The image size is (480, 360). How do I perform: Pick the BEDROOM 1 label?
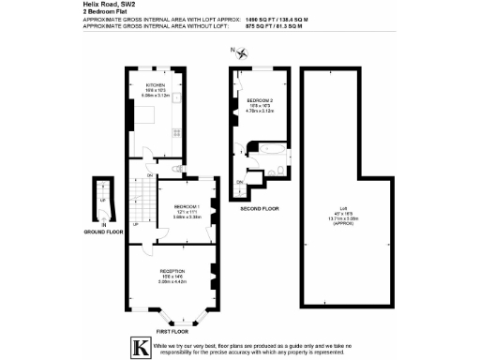(187, 207)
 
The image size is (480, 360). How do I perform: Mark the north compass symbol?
(242, 53)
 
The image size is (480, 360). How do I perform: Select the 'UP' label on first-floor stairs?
(135, 224)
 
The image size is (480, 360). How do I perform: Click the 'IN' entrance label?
(105, 225)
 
